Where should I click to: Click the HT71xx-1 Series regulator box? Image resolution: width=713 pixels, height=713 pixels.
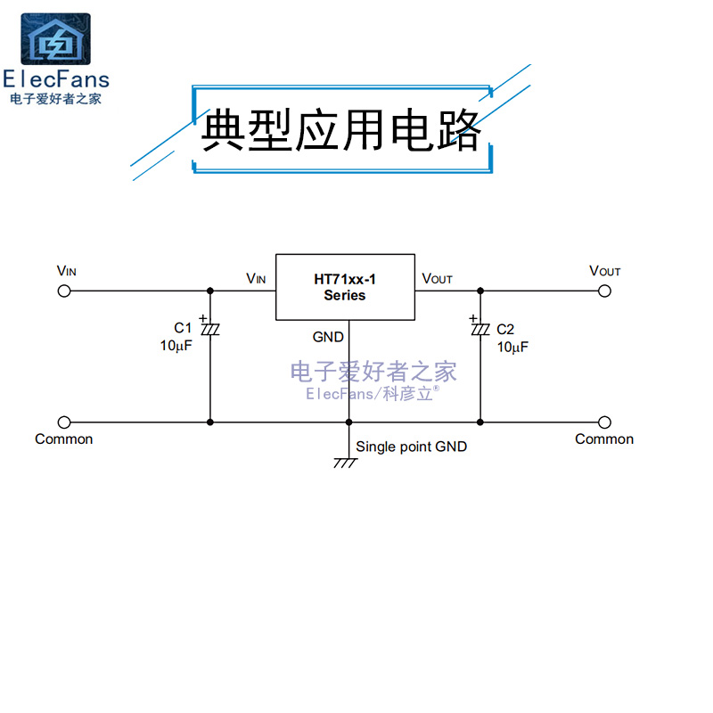click(345, 287)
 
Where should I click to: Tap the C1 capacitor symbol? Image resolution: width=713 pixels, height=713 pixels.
click(210, 330)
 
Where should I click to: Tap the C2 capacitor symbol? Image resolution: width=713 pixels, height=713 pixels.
click(480, 330)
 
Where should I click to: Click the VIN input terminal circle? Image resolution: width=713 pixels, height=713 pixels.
click(64, 291)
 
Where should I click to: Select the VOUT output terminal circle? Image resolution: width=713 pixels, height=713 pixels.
click(605, 291)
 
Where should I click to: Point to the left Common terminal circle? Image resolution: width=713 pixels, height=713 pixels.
click(64, 422)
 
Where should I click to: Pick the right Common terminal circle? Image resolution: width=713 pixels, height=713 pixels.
click(605, 422)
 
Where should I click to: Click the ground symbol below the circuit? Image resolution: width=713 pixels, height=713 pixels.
click(346, 462)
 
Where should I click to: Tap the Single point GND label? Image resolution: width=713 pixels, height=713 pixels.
click(411, 447)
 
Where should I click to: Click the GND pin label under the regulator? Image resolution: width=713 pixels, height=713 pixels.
click(328, 337)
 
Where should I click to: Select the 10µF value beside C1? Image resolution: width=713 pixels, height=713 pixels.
click(176, 346)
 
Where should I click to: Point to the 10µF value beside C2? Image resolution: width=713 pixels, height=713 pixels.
click(512, 347)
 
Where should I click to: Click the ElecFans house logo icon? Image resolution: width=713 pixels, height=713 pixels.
click(55, 39)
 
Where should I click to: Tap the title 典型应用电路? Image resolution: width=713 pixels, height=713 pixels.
click(341, 131)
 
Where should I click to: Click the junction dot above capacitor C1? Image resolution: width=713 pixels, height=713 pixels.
click(210, 291)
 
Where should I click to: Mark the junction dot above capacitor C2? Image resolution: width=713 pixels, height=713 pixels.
click(480, 291)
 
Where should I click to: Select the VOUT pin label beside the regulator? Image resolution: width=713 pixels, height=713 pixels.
click(437, 279)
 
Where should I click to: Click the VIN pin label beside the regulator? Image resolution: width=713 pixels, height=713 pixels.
click(256, 279)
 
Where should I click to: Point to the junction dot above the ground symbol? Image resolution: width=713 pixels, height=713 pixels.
click(348, 422)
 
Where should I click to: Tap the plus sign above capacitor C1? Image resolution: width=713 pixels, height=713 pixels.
click(202, 317)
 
